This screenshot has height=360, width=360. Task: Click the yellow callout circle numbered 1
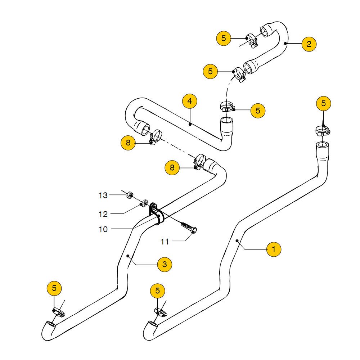(274, 249)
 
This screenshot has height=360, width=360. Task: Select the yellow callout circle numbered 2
(309, 44)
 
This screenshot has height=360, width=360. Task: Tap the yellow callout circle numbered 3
(165, 265)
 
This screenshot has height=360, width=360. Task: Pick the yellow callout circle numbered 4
(190, 101)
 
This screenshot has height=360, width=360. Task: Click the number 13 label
(103, 195)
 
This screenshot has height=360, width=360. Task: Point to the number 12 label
(103, 214)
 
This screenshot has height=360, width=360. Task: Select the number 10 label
(103, 229)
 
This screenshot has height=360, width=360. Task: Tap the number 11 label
(165, 242)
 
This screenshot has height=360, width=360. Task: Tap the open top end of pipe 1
(322, 145)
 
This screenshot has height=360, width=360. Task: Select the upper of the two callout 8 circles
(128, 143)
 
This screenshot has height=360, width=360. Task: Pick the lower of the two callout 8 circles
(172, 167)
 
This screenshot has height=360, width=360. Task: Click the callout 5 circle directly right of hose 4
(258, 110)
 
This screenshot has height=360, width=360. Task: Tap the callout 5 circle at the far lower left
(54, 288)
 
